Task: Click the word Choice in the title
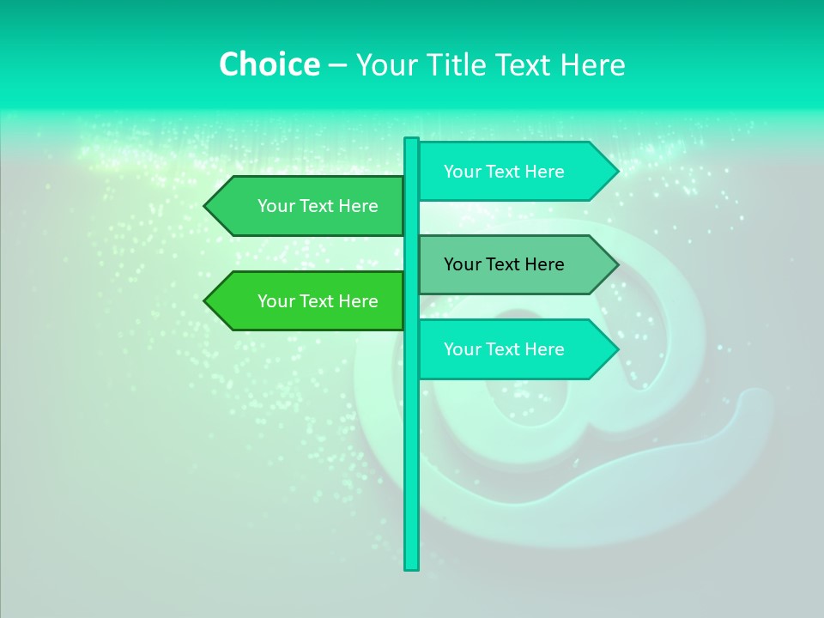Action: tap(269, 65)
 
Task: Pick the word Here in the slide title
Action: tap(592, 65)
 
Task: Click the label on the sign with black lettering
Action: tap(504, 264)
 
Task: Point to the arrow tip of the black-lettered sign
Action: tap(615, 264)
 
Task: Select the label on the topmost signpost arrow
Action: tap(504, 172)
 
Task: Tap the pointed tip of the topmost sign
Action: tap(615, 172)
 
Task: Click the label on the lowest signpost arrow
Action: tap(504, 349)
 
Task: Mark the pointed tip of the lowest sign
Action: tap(615, 349)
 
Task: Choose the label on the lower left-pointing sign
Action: tap(318, 301)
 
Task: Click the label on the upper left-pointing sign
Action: tap(318, 206)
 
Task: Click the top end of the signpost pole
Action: tap(411, 140)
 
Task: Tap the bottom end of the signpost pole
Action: tap(411, 567)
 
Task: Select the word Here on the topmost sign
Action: tap(544, 172)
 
